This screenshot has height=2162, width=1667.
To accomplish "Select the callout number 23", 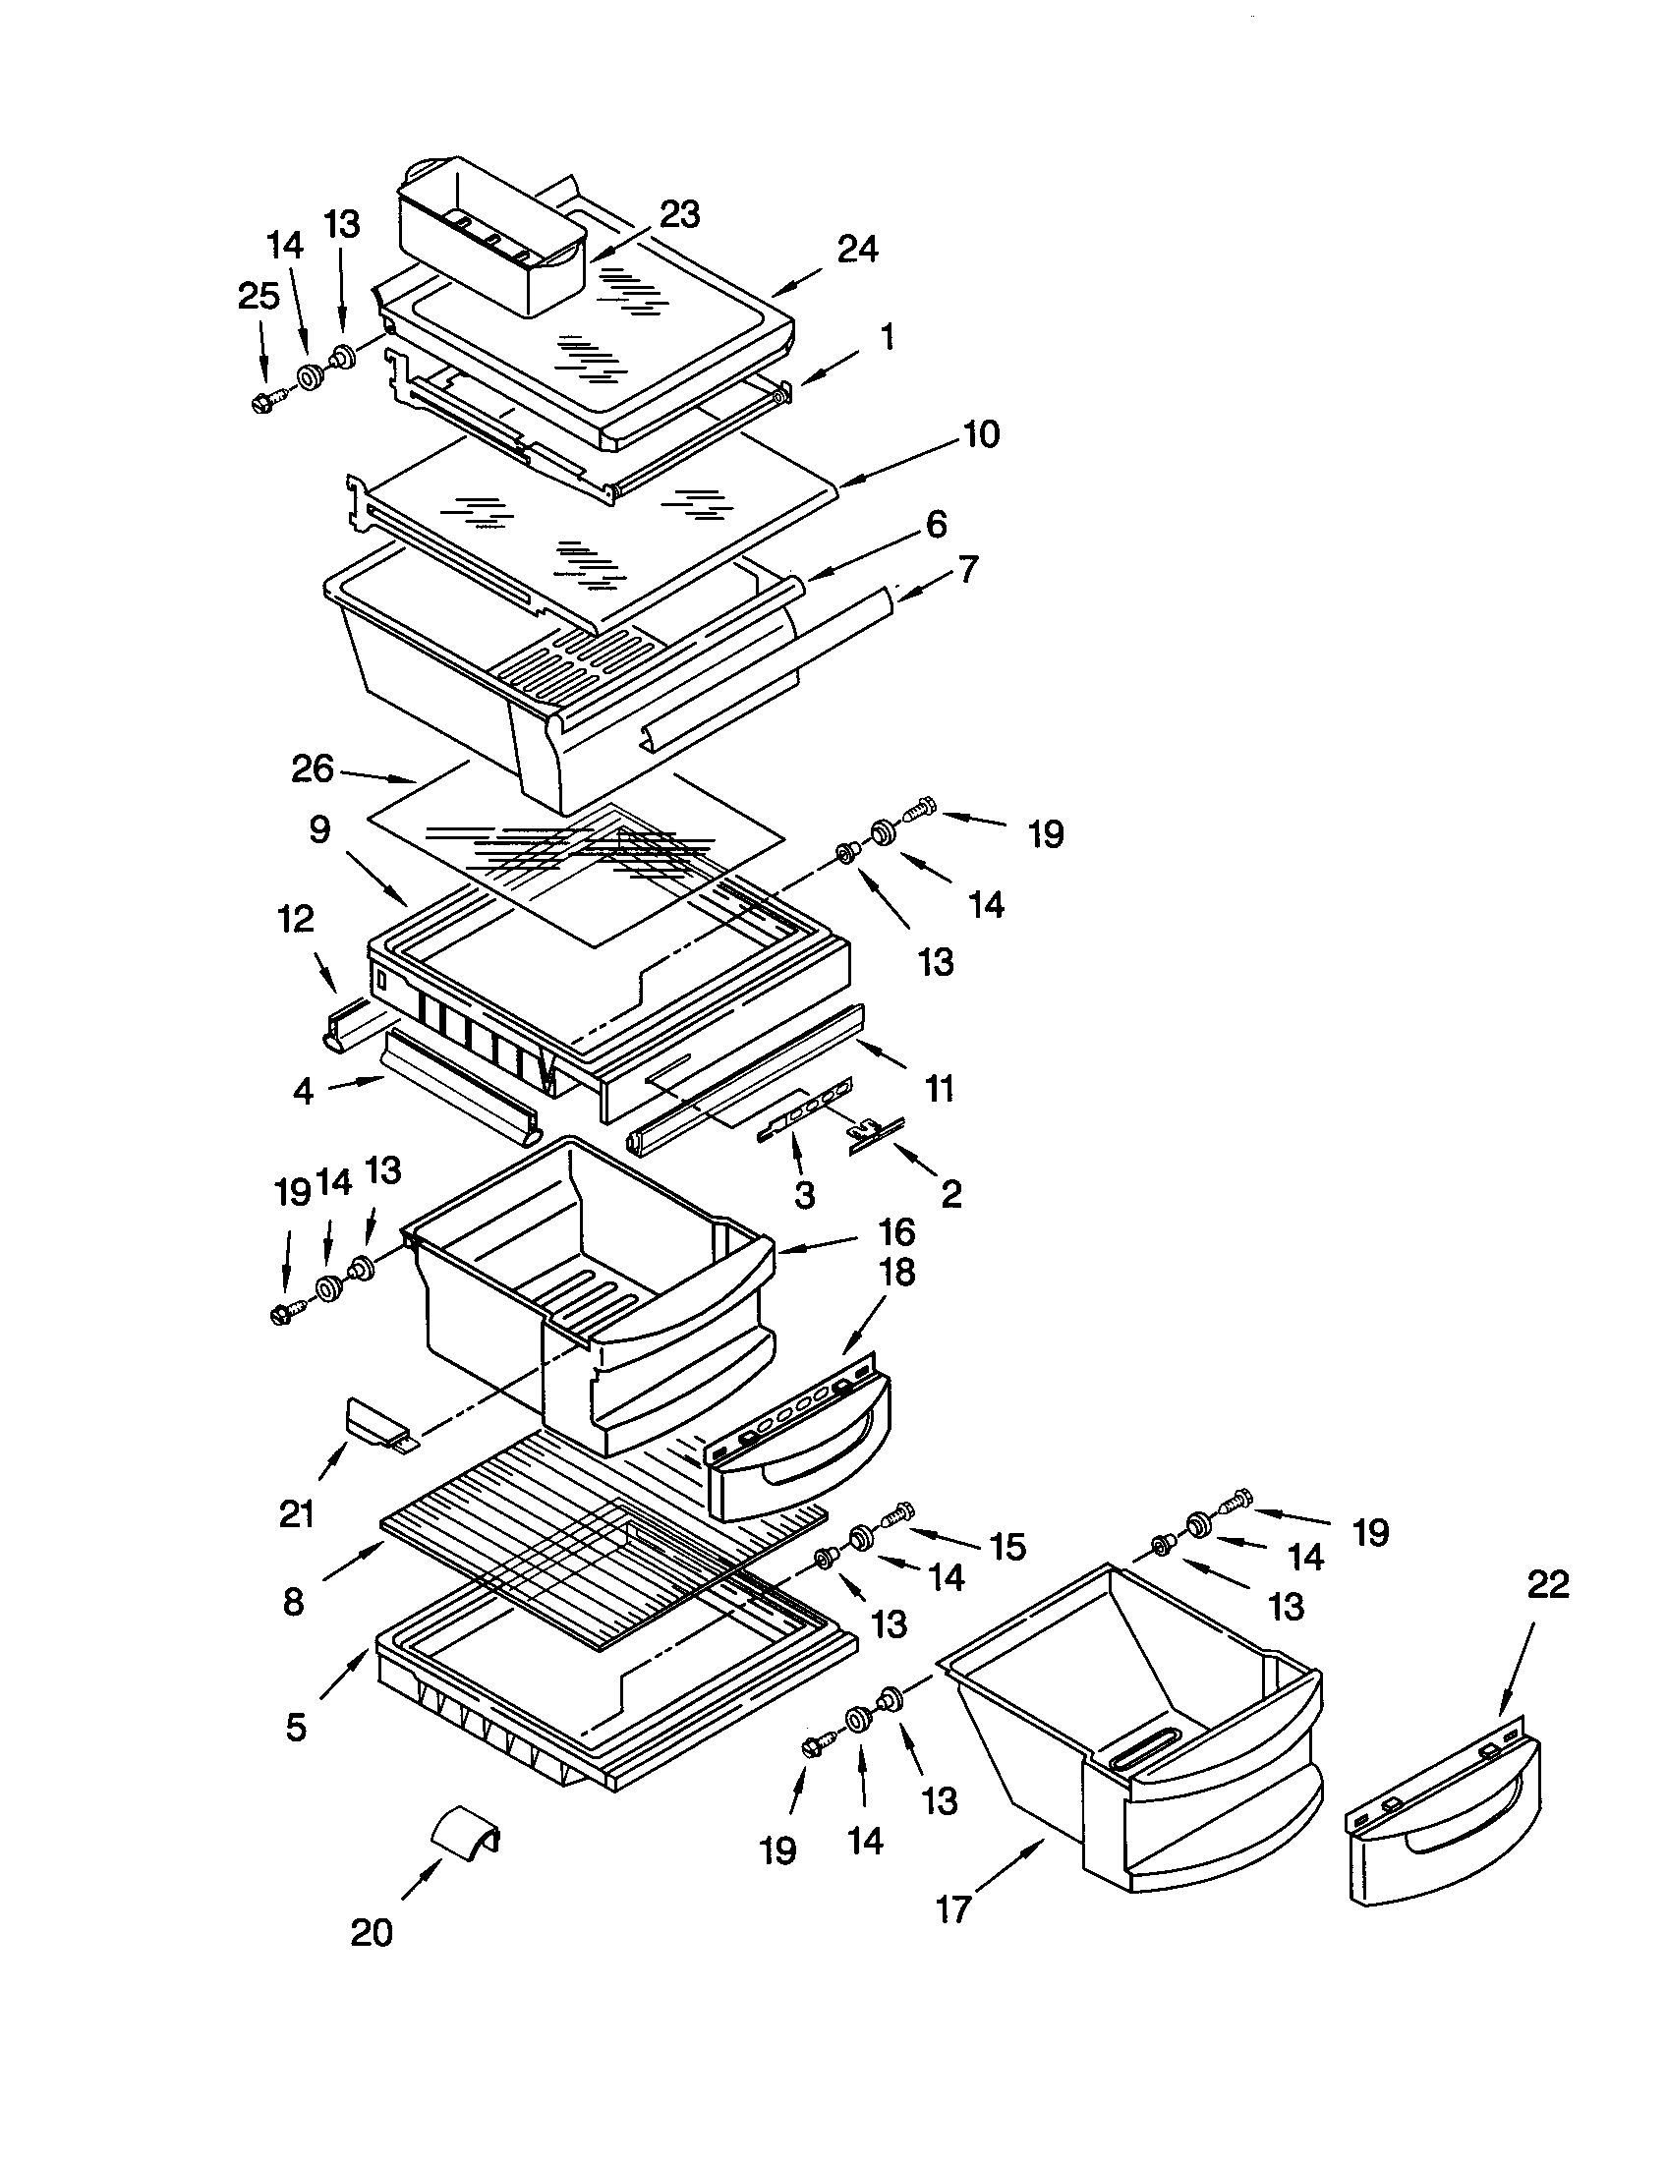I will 680,215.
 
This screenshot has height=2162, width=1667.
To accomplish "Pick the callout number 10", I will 980,433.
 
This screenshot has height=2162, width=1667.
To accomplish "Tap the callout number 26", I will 313,769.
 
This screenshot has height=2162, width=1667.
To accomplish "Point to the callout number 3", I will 805,1195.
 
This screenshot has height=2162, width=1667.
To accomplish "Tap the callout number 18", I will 897,1272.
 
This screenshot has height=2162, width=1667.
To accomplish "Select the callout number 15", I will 1007,1546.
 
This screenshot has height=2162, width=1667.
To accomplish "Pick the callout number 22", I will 1548,1585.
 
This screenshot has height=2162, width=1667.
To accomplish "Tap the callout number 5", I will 296,1728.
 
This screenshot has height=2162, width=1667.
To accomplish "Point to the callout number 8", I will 293,1602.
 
